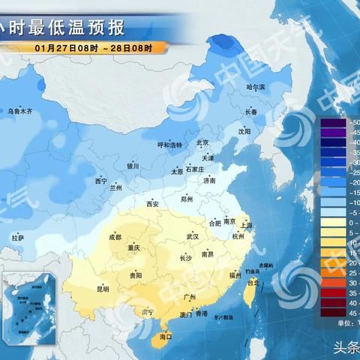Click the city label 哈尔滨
point(257,87)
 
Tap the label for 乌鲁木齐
point(20,111)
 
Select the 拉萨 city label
point(19,238)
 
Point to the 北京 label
point(202,142)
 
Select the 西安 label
point(153,203)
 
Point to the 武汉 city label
point(193,236)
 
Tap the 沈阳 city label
point(244,130)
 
